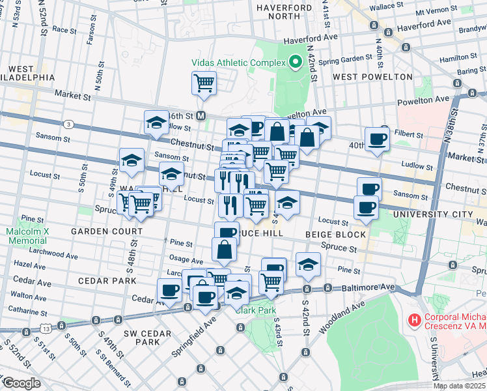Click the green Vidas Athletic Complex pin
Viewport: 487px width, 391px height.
[295, 63]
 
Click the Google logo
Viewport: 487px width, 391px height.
[21, 383]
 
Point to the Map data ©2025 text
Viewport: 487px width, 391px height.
[459, 386]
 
